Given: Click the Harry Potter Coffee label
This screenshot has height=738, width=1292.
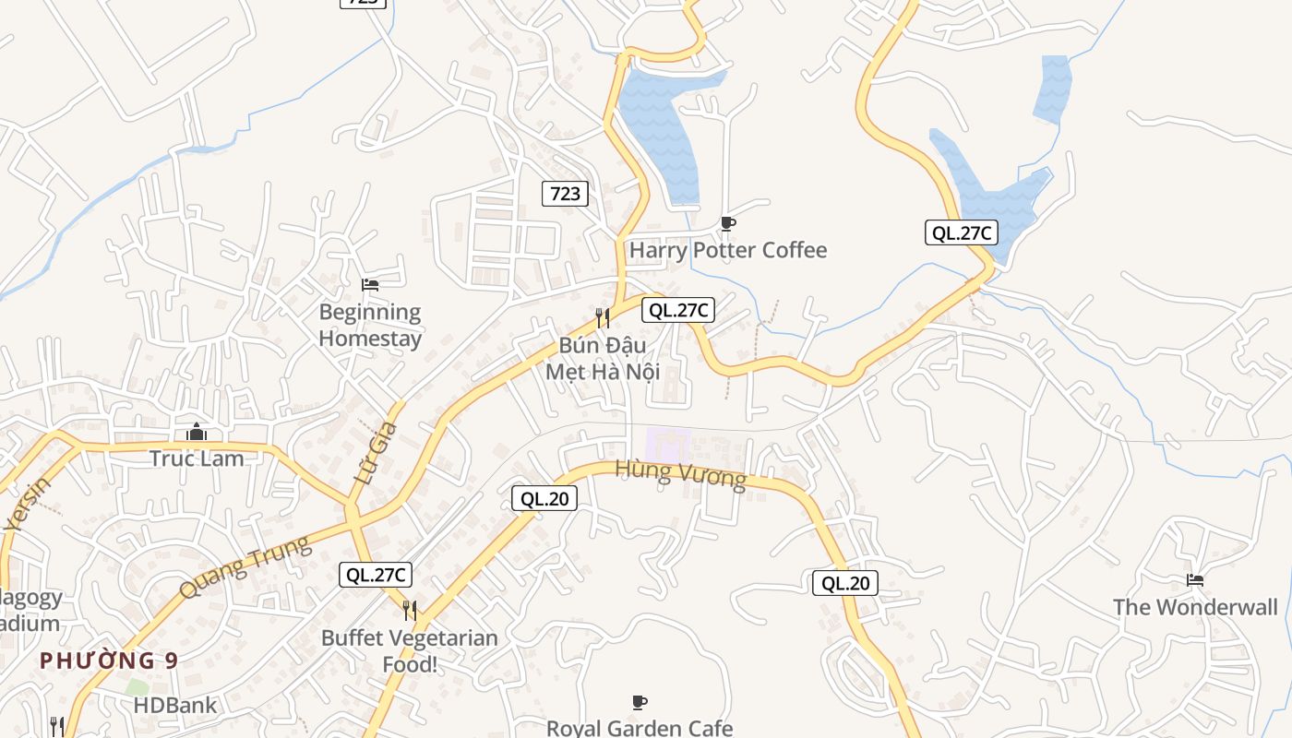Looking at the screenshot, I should click(728, 250).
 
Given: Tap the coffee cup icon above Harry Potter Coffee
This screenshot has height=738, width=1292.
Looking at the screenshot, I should click(728, 223).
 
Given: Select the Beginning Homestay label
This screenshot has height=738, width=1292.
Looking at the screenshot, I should click(370, 325).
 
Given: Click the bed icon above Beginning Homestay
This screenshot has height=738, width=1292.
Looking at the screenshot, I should click(370, 285).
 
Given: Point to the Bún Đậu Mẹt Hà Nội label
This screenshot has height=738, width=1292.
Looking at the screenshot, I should click(603, 358).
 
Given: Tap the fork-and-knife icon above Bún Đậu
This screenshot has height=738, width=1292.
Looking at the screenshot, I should click(603, 318).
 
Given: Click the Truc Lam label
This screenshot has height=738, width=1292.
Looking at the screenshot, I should click(197, 458).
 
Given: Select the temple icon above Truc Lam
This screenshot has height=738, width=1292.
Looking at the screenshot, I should click(197, 432).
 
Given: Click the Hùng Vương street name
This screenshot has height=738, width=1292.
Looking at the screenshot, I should click(680, 474).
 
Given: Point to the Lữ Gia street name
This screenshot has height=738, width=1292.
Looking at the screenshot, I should click(377, 453).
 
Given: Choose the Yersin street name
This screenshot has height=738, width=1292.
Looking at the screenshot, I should click(28, 505).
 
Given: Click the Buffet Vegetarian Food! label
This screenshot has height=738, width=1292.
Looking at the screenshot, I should click(410, 650).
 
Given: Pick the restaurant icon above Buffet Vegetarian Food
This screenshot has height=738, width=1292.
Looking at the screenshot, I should click(410, 610).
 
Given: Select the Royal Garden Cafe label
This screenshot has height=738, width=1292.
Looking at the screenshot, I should click(640, 728).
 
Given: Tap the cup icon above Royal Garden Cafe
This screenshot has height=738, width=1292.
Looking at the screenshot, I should click(640, 703).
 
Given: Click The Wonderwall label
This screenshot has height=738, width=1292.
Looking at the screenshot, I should click(1195, 607).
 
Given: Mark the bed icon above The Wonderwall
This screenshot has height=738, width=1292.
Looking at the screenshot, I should click(1195, 580).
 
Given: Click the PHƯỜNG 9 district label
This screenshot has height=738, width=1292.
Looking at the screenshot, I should click(109, 661).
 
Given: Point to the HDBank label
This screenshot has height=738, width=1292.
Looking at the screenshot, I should click(175, 706).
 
